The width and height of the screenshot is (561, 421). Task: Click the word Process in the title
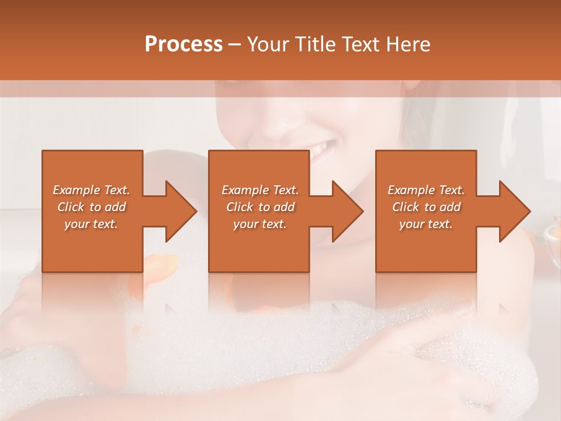183,44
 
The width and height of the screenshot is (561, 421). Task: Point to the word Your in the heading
268,44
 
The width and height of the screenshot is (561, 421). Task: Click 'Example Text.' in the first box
92,190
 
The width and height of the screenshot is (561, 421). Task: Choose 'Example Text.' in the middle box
260,190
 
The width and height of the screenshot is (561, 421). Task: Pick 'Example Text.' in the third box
426,190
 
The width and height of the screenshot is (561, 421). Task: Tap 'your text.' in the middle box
259,224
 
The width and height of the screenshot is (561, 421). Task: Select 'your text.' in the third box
425,224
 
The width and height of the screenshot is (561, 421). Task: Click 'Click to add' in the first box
92,207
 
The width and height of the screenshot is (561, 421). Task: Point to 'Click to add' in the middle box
260,207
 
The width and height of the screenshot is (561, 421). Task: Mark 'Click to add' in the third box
426,207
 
